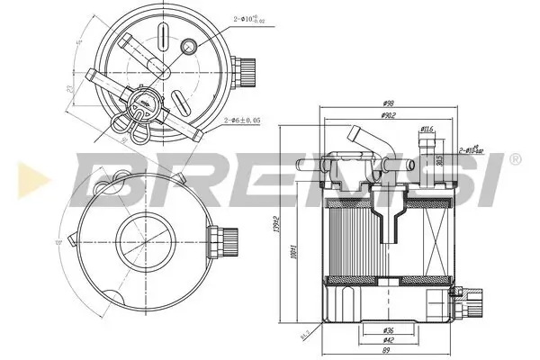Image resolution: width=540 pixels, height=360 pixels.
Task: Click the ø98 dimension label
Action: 387,103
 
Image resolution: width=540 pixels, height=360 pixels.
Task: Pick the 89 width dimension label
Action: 387,352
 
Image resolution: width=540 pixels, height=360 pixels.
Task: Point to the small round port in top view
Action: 190,47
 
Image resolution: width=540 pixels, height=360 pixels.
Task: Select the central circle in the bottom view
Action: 143,241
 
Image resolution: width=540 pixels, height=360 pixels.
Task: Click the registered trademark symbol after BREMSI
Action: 515,158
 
